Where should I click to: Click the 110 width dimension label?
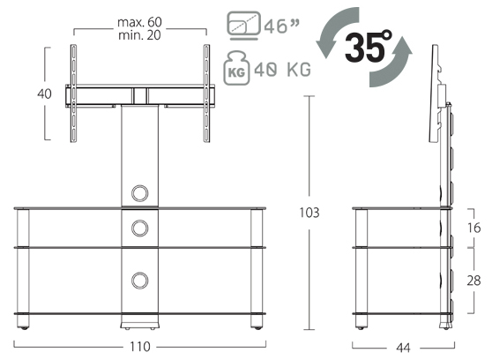pyautogui.click(x=140, y=347)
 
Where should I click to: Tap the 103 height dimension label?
pyautogui.click(x=309, y=213)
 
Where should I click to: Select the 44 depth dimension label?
pyautogui.click(x=403, y=348)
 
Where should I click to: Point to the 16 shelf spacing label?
pyautogui.click(x=473, y=228)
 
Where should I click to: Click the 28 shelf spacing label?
pyautogui.click(x=473, y=281)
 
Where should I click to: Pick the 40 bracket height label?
pyautogui.click(x=44, y=94)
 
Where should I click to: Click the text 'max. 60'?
pyautogui.click(x=139, y=22)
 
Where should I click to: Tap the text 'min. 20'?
pyautogui.click(x=139, y=35)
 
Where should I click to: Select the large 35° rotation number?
pyautogui.click(x=368, y=47)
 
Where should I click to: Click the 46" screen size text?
pyautogui.click(x=281, y=26)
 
